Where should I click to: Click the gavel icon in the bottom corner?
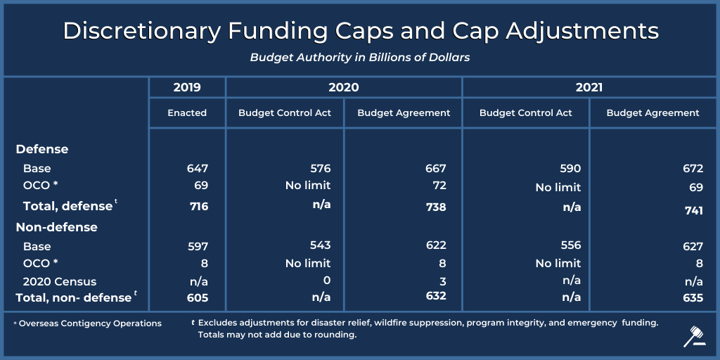(694, 337)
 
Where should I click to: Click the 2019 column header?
(187, 88)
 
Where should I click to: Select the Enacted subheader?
(187, 112)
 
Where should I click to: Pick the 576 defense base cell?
(321, 169)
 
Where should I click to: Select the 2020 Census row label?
(59, 281)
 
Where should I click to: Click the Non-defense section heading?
(56, 227)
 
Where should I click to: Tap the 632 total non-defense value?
(436, 295)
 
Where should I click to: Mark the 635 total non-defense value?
(692, 297)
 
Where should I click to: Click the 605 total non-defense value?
(198, 297)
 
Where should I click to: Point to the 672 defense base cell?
(693, 169)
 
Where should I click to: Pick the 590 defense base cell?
(570, 169)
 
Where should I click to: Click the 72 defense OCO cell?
(439, 186)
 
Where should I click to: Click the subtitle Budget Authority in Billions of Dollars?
(359, 58)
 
